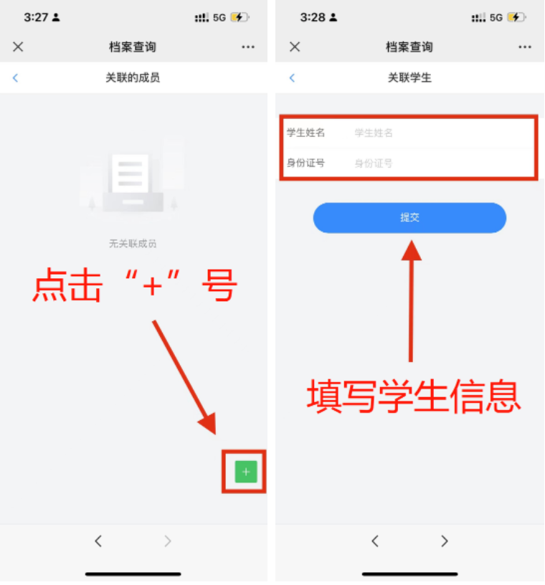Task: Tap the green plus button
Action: (246, 472)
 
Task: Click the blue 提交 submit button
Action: (409, 218)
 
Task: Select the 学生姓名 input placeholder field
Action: (374, 133)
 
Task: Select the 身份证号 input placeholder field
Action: (374, 163)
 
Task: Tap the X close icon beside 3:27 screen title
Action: (18, 47)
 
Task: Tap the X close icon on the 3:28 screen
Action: (295, 47)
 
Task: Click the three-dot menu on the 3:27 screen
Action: (248, 47)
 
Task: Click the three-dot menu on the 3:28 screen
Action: (525, 47)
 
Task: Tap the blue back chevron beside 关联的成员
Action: (15, 77)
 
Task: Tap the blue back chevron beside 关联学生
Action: (293, 77)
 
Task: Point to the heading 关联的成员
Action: (133, 77)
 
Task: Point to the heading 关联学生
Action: (409, 77)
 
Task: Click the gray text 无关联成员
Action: (133, 244)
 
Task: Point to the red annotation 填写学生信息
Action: (414, 396)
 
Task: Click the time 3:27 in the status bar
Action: (36, 17)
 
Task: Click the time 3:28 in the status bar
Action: (313, 17)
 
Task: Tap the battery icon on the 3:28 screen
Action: (517, 17)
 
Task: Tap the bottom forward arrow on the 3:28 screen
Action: (444, 541)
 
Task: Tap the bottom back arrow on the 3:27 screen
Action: (98, 541)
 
